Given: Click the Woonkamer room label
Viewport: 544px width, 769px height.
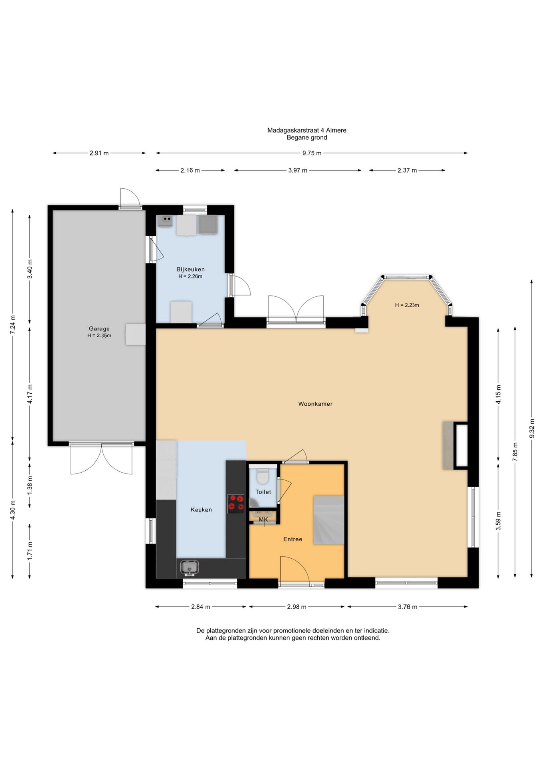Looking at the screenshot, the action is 315,404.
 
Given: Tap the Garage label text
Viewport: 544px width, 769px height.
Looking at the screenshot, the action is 99,329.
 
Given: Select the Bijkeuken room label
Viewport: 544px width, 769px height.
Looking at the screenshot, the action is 191,270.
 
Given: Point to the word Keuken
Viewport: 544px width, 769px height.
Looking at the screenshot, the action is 201,510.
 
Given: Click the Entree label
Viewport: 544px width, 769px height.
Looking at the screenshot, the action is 293,539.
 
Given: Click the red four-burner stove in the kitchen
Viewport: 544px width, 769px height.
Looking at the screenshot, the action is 236,504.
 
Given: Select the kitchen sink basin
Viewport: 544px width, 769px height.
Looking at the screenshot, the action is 189,568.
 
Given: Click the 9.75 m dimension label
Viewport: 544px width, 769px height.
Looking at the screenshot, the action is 312,153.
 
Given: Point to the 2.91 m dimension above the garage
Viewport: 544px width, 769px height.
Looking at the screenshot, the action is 99,153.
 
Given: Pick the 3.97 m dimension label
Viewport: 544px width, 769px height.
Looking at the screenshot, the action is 298,170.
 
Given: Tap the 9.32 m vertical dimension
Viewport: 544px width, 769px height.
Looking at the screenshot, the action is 532,429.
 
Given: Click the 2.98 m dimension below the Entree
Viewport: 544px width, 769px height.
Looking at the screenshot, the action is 297,607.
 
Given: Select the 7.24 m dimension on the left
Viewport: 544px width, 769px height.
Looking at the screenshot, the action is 13,325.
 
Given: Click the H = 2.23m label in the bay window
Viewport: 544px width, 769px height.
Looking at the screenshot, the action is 407,305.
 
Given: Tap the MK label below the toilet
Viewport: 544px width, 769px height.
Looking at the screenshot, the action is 263,519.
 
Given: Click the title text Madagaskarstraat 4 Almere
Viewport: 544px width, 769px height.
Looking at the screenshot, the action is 307,130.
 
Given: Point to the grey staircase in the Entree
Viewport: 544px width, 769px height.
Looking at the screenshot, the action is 328,520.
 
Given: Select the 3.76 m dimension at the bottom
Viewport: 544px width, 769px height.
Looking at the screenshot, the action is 407,607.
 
